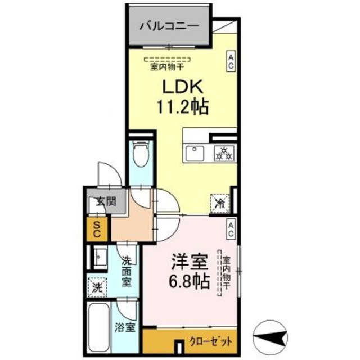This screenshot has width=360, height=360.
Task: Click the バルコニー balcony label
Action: click(x=168, y=25)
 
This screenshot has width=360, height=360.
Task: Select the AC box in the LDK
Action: click(x=231, y=61)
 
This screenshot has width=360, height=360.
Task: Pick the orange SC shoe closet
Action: click(x=97, y=228)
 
